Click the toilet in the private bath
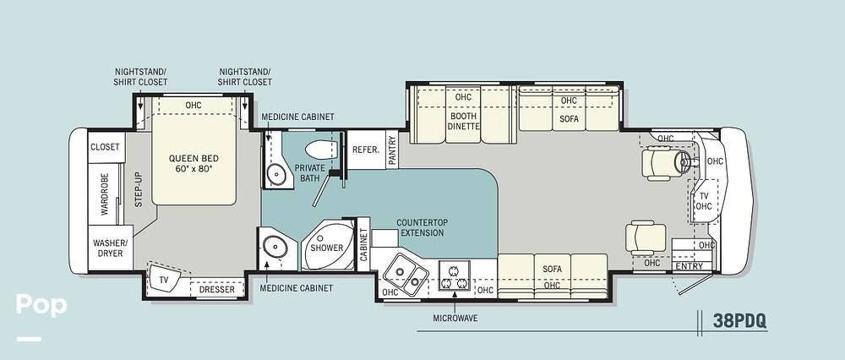(321, 149)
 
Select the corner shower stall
(328, 245)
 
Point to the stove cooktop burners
(454, 275)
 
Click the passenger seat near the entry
(646, 237)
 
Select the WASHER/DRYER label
(111, 248)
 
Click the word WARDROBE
(104, 194)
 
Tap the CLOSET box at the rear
(105, 147)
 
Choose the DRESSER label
(216, 289)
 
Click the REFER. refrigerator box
(366, 150)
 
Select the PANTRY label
(392, 150)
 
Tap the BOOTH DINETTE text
(463, 121)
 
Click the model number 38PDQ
(739, 320)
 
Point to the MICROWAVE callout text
(455, 318)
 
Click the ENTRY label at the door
(690, 266)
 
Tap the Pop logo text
(41, 305)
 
